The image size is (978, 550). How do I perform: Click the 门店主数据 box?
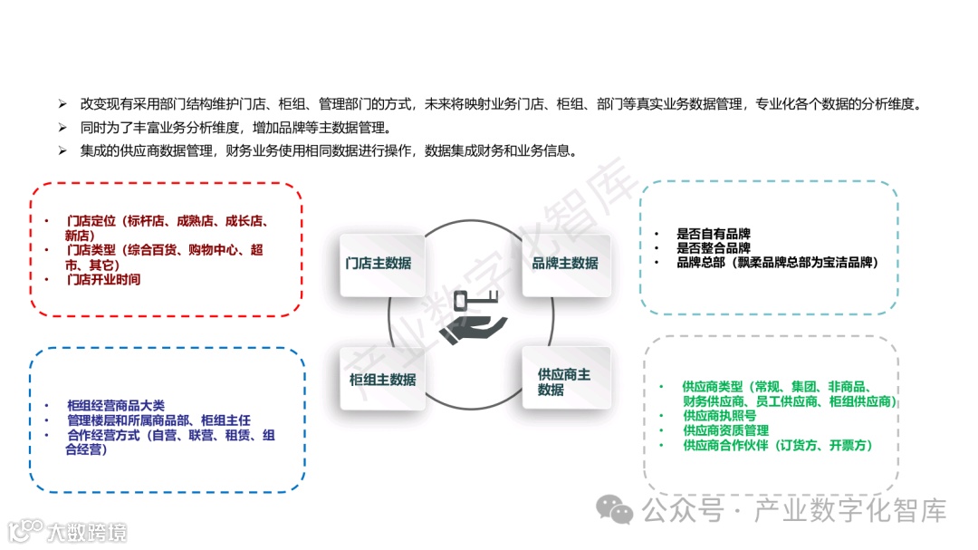[x=381, y=264]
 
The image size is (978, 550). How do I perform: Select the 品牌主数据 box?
[x=565, y=264]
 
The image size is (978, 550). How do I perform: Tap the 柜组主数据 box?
[x=381, y=380]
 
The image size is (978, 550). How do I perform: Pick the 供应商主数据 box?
[x=565, y=381]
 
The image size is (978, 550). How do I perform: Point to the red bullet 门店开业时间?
[x=103, y=280]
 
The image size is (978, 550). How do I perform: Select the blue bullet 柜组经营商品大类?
[x=116, y=405]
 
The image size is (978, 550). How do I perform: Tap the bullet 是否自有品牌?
[x=713, y=234]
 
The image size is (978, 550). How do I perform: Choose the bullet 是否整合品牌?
[x=713, y=248]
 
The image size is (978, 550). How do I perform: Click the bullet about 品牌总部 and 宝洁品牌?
[x=777, y=263]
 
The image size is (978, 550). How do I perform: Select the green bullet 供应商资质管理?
[x=725, y=430]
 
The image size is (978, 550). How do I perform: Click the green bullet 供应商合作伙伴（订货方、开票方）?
[x=777, y=446]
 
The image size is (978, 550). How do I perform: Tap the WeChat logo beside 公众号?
[x=620, y=512]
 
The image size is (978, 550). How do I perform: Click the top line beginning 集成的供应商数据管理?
[x=328, y=150]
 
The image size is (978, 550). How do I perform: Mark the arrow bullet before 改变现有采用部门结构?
[x=62, y=104]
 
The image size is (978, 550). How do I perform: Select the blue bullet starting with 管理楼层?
[x=158, y=420]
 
